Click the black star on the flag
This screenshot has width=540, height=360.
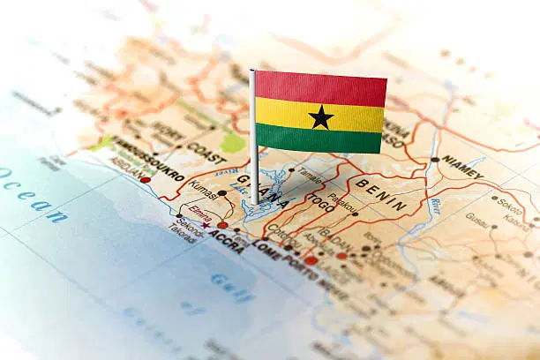point(320,116)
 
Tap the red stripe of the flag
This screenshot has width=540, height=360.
point(321,87)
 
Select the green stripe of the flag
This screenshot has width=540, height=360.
point(319,139)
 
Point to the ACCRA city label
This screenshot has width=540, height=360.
point(227,241)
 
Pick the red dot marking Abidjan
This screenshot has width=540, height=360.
point(146,180)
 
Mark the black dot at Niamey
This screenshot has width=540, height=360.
point(434,159)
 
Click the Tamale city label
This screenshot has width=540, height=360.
point(309,173)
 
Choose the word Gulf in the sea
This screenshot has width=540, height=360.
point(232,283)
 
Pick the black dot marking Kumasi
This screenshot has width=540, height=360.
point(222,192)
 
